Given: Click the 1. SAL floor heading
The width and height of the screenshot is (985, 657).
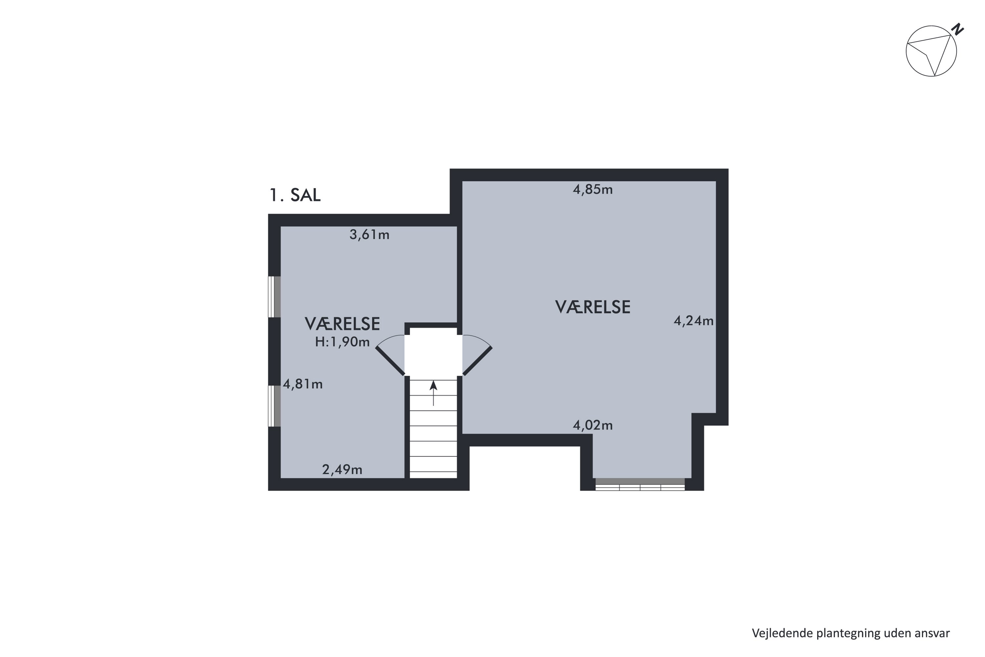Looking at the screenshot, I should (295, 195).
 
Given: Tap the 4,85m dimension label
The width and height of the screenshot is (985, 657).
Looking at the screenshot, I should (593, 190).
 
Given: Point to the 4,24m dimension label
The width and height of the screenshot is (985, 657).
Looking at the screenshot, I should (693, 321).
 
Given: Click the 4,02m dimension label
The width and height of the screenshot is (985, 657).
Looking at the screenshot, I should (593, 426).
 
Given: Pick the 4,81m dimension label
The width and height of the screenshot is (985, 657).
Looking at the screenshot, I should (303, 384).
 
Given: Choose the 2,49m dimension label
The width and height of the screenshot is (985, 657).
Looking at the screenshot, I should (342, 470).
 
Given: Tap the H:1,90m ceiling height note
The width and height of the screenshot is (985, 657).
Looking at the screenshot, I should (342, 342).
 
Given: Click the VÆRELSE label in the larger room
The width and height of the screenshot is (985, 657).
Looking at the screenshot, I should (593, 307).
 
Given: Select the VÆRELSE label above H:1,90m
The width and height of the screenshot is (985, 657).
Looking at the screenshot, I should (342, 324).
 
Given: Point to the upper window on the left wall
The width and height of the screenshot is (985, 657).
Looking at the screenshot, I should (274, 297).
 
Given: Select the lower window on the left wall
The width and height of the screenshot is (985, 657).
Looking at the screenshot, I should (274, 406).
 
